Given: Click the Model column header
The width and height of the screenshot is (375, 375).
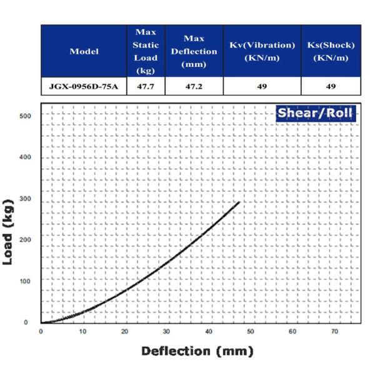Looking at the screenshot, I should [x=84, y=51].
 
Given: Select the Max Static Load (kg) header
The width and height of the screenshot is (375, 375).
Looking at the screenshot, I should [x=146, y=51].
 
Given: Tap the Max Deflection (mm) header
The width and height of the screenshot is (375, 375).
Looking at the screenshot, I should [x=194, y=51].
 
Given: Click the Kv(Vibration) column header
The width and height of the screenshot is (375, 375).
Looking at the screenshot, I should [x=262, y=51].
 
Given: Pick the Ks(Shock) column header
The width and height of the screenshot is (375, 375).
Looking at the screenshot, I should [x=331, y=51].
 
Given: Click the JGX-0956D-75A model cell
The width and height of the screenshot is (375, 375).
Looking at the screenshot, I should [x=84, y=86].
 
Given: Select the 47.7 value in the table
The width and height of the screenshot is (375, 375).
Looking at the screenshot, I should [x=146, y=86].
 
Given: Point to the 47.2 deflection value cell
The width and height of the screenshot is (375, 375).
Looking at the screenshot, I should [x=194, y=86].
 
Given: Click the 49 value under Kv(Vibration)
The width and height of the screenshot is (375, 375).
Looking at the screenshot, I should [x=262, y=86].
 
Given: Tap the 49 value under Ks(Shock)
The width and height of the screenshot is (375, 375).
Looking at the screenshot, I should [x=331, y=86].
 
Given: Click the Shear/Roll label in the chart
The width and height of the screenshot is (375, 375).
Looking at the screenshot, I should [x=315, y=114].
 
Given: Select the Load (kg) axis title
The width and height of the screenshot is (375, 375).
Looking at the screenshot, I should [x=9, y=231].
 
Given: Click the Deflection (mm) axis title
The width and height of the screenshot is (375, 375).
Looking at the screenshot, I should [x=197, y=351].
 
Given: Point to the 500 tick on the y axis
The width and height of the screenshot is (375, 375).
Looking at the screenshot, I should [x=24, y=116].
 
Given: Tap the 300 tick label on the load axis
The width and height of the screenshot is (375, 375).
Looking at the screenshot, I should [x=24, y=199].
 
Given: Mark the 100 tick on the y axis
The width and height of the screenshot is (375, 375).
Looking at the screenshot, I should [x=24, y=281].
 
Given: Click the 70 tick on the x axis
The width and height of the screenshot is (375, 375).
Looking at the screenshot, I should [x=335, y=331].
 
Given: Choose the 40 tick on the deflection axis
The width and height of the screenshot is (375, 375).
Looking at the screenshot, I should [x=209, y=331].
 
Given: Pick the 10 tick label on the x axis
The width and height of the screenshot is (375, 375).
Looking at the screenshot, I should [x=82, y=331].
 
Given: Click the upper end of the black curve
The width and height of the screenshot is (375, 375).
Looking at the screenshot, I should [x=239, y=202].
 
